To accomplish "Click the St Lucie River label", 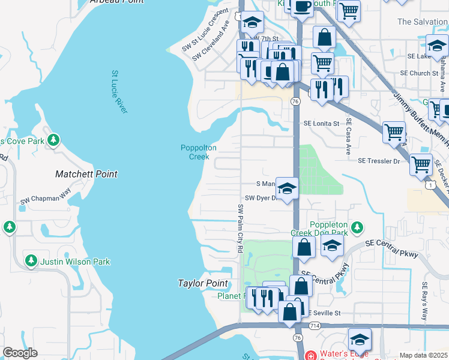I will [x=119, y=92].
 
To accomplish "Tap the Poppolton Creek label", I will [x=199, y=152].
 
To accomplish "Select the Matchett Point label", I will [x=86, y=174].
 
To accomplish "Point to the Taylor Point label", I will [x=203, y=283].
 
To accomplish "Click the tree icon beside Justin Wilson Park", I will [x=31, y=261].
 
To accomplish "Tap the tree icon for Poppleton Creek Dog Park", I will [x=357, y=227].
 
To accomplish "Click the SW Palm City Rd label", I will [x=240, y=228].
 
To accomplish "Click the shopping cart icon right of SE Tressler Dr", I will [x=421, y=163].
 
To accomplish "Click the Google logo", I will [x=20, y=353].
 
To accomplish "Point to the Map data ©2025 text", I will [x=423, y=355].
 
